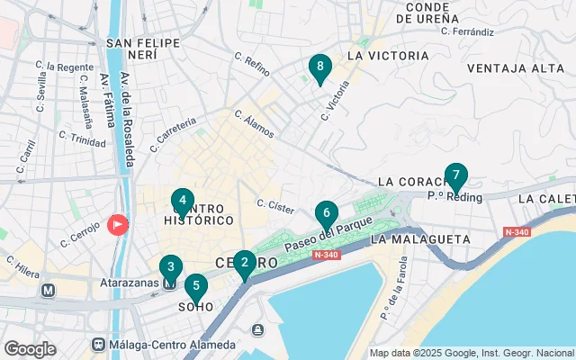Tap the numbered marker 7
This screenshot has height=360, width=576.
[455, 175]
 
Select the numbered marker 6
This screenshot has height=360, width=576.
[326, 214]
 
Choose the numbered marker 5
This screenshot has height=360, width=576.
[195, 286]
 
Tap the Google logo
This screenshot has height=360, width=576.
[30, 348]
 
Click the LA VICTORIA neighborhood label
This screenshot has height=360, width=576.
[387, 56]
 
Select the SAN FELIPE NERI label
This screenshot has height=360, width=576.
[139, 49]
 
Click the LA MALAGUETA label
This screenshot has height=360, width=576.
[420, 239]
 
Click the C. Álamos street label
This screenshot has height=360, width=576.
[254, 124]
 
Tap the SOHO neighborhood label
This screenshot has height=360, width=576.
[197, 306]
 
